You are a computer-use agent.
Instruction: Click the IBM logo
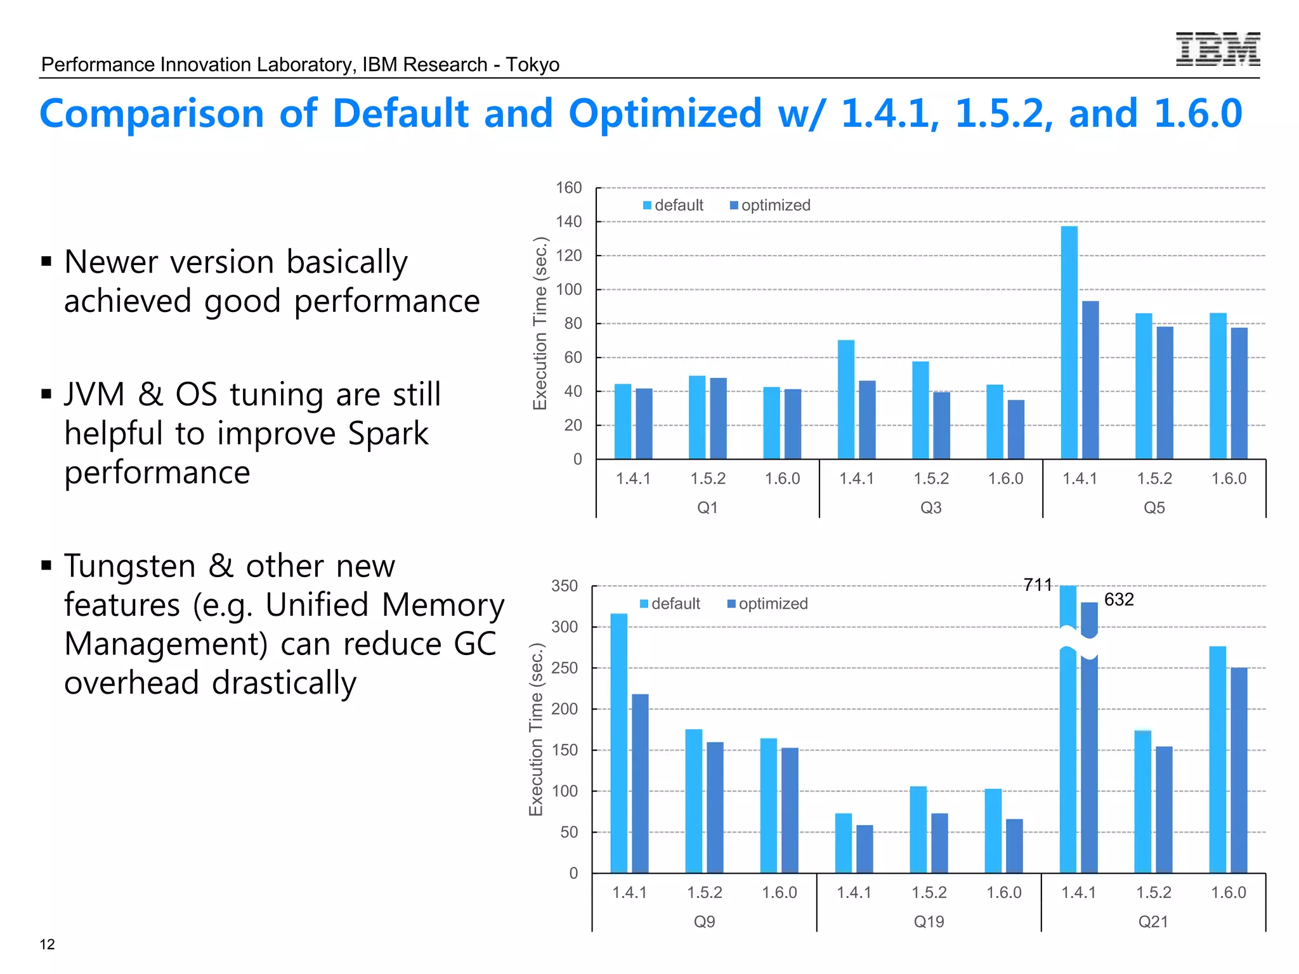[1217, 49]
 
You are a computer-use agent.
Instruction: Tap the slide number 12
[47, 944]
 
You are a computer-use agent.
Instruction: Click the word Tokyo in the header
[532, 65]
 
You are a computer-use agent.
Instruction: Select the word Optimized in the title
[664, 114]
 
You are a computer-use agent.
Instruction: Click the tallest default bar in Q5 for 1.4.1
[1069, 342]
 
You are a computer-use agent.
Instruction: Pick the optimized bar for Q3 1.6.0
[1015, 429]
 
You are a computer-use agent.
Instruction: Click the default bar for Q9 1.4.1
[618, 743]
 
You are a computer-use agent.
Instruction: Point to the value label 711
[1038, 585]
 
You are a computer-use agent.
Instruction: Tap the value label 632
[1119, 599]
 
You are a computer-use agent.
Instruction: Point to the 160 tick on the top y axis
[568, 188]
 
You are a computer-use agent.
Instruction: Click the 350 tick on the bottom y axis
[565, 586]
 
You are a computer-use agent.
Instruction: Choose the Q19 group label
[929, 921]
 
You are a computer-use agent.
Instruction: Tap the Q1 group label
[707, 507]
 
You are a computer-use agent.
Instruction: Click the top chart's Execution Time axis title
[540, 323]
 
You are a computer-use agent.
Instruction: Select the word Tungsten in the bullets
[130, 566]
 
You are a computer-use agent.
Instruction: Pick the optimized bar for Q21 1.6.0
[1239, 770]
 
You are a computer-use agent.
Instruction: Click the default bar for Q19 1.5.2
[918, 829]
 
